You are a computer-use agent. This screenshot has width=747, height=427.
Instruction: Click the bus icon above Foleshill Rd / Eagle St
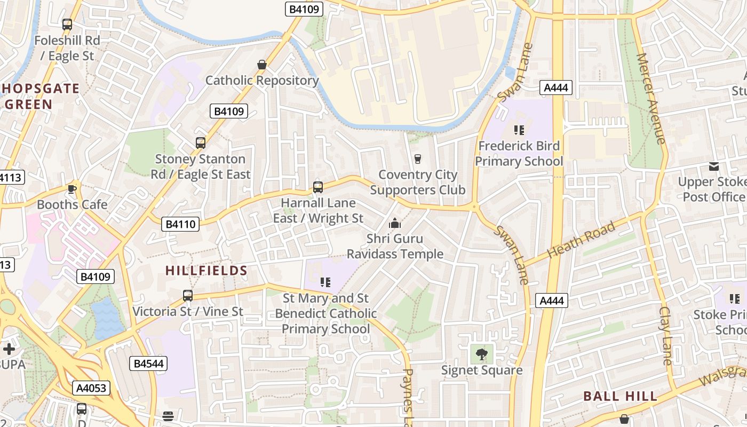click(x=67, y=24)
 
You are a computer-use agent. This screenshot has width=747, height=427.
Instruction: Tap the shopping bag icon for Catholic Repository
click(x=262, y=65)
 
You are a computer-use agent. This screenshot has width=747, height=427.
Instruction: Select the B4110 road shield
click(x=180, y=224)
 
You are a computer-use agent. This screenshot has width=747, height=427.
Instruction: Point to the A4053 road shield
click(x=92, y=388)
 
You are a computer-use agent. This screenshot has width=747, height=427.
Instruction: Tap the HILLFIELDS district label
click(x=206, y=271)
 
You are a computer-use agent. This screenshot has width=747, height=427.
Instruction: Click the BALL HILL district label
click(x=620, y=396)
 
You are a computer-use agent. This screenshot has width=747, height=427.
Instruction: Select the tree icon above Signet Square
click(x=482, y=353)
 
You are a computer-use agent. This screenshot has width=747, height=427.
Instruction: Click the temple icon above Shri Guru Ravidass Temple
click(x=395, y=223)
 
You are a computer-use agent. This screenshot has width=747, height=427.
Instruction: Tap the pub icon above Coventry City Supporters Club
click(x=418, y=159)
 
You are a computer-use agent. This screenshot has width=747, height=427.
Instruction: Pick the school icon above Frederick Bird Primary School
click(x=519, y=130)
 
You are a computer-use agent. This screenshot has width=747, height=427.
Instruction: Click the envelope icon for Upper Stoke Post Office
click(x=714, y=166)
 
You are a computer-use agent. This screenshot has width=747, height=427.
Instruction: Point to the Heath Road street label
click(x=581, y=239)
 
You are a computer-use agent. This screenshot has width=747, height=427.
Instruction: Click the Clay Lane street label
click(x=667, y=336)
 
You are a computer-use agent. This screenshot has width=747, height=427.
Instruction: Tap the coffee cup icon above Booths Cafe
click(x=72, y=189)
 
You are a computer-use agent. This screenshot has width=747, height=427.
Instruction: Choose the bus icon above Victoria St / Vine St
click(x=188, y=295)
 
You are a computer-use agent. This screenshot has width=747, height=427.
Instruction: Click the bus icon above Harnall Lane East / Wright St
click(x=318, y=187)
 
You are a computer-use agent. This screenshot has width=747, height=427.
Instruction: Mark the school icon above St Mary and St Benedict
click(x=325, y=282)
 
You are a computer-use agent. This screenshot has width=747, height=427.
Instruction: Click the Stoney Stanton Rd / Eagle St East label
click(x=201, y=167)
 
